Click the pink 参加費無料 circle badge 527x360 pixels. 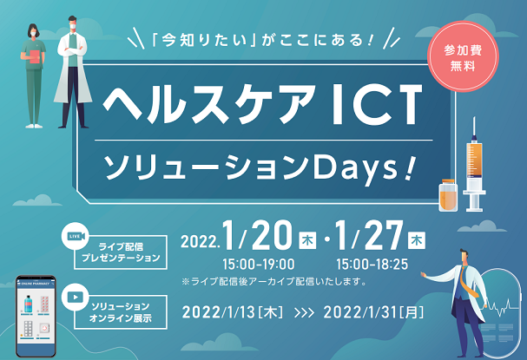pos(463,56)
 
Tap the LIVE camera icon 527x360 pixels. pos(76,236)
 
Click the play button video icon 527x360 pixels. pos(76,298)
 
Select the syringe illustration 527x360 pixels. pos(474,165)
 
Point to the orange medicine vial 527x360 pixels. pos(448,195)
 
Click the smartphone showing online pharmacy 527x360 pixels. pos(36,317)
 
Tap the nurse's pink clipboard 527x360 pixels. pos(34,56)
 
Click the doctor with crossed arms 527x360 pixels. pos(73,72)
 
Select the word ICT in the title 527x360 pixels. pos(376,104)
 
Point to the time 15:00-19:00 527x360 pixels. pos(258,265)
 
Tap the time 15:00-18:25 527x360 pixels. pos(372,265)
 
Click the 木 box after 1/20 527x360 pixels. pos(307,240)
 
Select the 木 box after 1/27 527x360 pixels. pos(417,240)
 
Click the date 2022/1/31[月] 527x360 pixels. pos(373,312)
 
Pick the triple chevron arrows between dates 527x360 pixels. pos(304,313)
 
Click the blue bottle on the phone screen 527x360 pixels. pos(28,304)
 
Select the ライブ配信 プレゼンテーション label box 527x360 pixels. pos(121,252)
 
